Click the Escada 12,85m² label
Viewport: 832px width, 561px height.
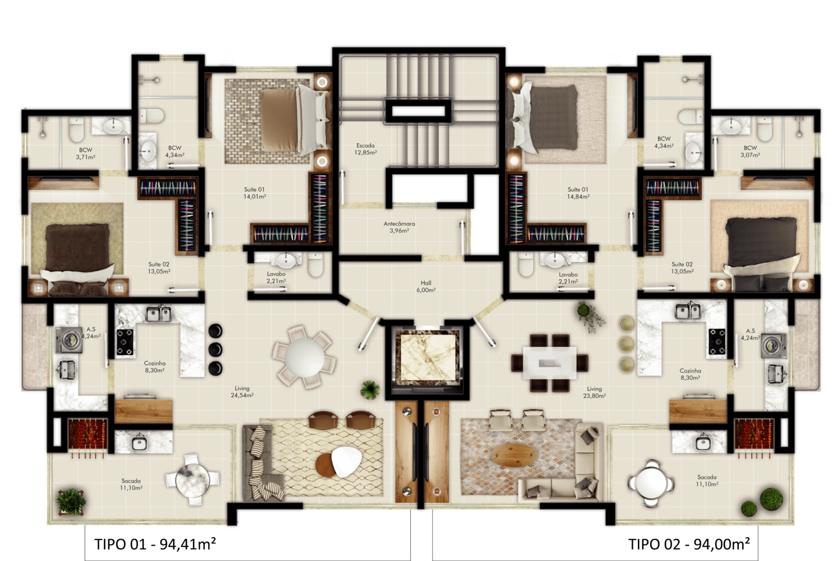click(x=366, y=149)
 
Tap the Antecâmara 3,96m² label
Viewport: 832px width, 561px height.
click(x=399, y=227)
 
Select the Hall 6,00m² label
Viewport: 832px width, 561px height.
click(x=426, y=286)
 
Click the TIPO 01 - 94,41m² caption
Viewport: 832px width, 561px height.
click(x=155, y=544)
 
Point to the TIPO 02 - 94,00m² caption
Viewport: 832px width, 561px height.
click(x=689, y=544)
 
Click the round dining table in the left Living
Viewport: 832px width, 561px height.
click(x=304, y=357)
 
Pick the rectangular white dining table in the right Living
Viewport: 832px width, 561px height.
click(x=549, y=362)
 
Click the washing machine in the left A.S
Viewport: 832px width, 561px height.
click(x=69, y=339)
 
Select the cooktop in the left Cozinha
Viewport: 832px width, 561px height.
click(x=125, y=342)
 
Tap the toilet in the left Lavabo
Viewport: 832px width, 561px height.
click(x=315, y=265)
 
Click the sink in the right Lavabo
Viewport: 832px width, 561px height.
click(x=554, y=260)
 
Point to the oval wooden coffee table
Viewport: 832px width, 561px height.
click(x=514, y=455)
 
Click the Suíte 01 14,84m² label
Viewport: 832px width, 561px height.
click(x=578, y=193)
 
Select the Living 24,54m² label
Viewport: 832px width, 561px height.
click(x=242, y=392)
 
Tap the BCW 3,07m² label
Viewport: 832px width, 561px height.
click(x=751, y=151)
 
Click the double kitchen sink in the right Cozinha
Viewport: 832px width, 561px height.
click(x=688, y=311)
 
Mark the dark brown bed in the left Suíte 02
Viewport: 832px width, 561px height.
click(x=78, y=258)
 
